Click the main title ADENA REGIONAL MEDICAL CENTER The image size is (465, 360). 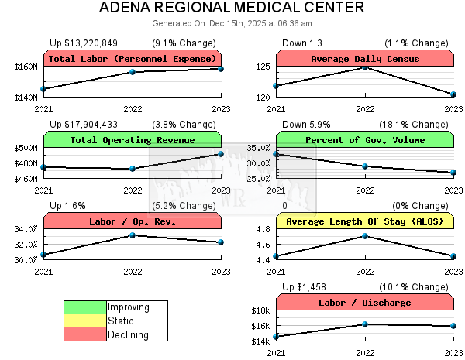click(x=232, y=9)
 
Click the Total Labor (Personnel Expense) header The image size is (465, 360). click(x=133, y=59)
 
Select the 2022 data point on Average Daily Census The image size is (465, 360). click(x=365, y=67)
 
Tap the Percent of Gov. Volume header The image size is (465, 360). click(x=365, y=140)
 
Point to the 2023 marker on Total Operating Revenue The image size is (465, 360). click(x=222, y=153)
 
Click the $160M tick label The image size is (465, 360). click(x=26, y=67)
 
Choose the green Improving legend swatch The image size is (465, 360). click(x=85, y=307)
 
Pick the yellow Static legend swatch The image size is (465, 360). click(x=85, y=321)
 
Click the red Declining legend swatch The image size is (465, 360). click(x=85, y=334)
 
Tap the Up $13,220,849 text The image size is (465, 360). click(x=84, y=43)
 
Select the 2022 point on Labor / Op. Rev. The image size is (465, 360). click(x=133, y=235)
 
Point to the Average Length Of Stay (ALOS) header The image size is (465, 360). click(x=365, y=222)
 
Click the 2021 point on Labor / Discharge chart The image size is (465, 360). click(x=277, y=337)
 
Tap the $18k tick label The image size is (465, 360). click(x=258, y=310)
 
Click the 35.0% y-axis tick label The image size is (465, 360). click(x=257, y=148)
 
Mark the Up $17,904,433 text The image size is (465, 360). click(x=84, y=124)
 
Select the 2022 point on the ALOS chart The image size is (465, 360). click(x=365, y=235)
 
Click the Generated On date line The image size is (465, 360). click(x=232, y=24)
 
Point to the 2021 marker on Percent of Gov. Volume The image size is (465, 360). click(x=277, y=154)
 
